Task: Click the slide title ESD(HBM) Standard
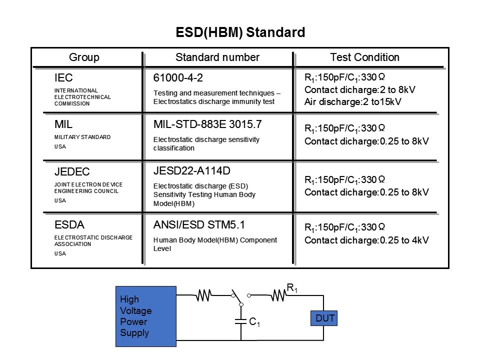coord(240,33)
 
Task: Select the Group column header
coord(84,57)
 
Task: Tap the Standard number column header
coord(217,57)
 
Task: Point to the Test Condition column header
coord(365,57)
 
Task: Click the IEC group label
coord(63,78)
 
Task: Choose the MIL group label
coord(62,125)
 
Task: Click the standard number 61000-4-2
coord(178,78)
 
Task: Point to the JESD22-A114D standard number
coord(192,171)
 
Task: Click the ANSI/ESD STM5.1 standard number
coord(199,225)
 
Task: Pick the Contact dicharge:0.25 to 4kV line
coord(366,240)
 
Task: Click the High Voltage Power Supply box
coord(145,316)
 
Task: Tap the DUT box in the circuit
coord(324,318)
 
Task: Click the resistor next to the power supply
coord(203,296)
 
